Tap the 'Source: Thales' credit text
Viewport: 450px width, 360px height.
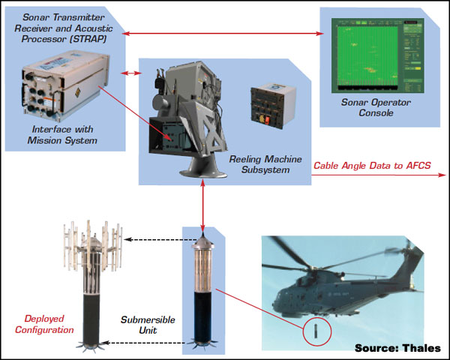tap(398, 347)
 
